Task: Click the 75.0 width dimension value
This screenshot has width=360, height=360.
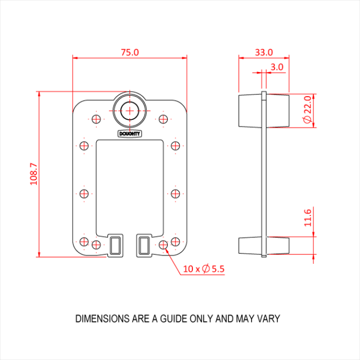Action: click(129, 52)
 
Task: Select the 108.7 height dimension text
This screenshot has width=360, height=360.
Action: click(33, 174)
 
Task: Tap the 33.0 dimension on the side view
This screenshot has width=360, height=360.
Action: click(263, 52)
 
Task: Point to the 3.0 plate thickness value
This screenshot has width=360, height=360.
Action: click(277, 67)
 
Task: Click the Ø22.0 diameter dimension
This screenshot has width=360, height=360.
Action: click(307, 111)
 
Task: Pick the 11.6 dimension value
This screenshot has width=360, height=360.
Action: click(307, 217)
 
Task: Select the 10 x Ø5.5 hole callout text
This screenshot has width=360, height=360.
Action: click(204, 269)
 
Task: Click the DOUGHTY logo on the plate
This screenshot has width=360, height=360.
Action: click(130, 134)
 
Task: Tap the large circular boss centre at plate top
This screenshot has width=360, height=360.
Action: click(130, 110)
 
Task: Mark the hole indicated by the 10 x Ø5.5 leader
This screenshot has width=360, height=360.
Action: click(164, 245)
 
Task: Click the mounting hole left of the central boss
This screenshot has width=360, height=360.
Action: click(96, 119)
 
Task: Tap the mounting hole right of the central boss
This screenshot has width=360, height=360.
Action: click(164, 119)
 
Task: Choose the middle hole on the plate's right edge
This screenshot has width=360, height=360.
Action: click(175, 193)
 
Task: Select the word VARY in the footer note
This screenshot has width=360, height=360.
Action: click(268, 319)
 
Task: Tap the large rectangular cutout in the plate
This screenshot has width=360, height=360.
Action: click(130, 186)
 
